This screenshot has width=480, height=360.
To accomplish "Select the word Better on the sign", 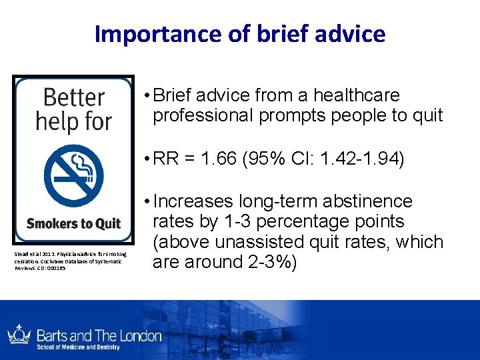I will tap(73, 98).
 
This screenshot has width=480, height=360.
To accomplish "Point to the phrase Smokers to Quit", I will tap(73, 223).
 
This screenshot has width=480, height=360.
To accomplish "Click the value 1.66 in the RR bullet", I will tap(222, 160).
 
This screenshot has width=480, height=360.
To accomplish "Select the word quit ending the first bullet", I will tap(427, 115).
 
